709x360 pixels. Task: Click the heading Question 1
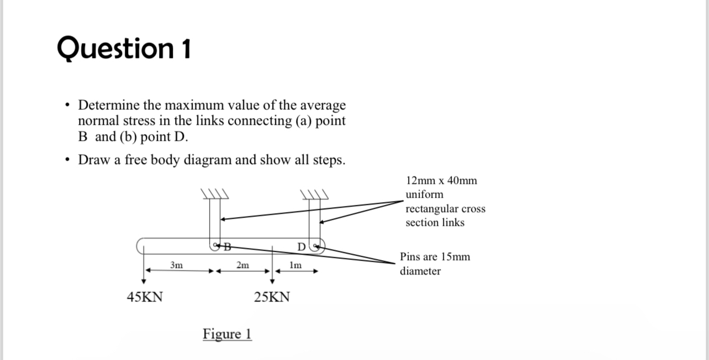click(x=124, y=49)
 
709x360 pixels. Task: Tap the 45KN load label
click(x=145, y=297)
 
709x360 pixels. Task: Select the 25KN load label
click(x=272, y=297)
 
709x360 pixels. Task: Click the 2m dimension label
click(x=242, y=265)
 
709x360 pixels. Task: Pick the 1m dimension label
click(x=295, y=265)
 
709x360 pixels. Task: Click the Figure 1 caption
click(x=227, y=334)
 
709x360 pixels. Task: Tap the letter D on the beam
click(x=301, y=245)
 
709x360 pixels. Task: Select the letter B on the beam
click(x=226, y=245)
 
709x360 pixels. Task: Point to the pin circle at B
click(x=215, y=245)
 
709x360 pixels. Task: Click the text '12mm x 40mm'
click(x=441, y=181)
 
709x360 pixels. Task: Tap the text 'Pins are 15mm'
click(x=435, y=257)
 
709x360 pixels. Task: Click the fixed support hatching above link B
click(x=215, y=194)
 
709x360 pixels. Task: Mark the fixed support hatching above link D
click(x=314, y=194)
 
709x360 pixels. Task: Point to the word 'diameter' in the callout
click(x=420, y=271)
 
